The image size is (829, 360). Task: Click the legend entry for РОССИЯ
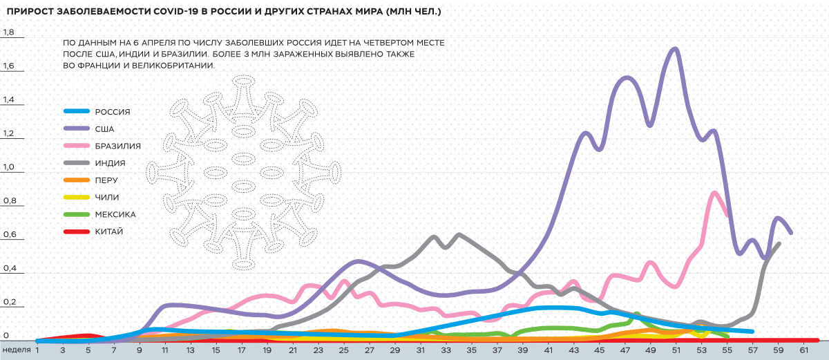pyautogui.click(x=113, y=111)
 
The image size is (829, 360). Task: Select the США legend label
pyautogui.click(x=105, y=129)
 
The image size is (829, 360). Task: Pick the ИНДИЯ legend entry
pyautogui.click(x=110, y=164)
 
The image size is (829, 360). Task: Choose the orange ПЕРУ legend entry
pyautogui.click(x=106, y=180)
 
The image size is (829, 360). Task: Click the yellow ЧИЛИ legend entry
pyautogui.click(x=106, y=198)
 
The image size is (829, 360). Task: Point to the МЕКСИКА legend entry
pyautogui.click(x=115, y=214)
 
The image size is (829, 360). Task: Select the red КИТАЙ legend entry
pyautogui.click(x=109, y=231)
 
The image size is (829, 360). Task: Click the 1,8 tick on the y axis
pyautogui.click(x=9, y=32)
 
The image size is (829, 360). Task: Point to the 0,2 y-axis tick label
pyautogui.click(x=9, y=303)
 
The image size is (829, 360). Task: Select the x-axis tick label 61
pyautogui.click(x=804, y=350)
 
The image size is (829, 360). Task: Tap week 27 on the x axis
pyautogui.click(x=370, y=350)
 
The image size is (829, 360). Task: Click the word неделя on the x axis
pyautogui.click(x=17, y=350)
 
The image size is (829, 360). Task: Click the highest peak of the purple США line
pyautogui.click(x=674, y=48)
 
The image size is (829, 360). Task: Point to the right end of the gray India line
pyautogui.click(x=779, y=243)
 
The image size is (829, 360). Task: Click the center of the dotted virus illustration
pyautogui.click(x=243, y=171)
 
